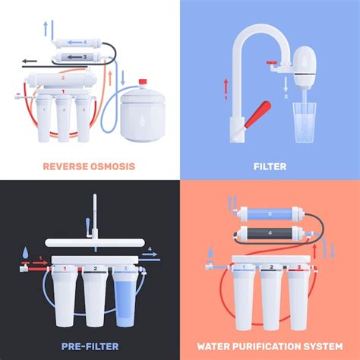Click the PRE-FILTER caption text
click(x=89, y=346)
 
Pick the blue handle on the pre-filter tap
click(x=90, y=226)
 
